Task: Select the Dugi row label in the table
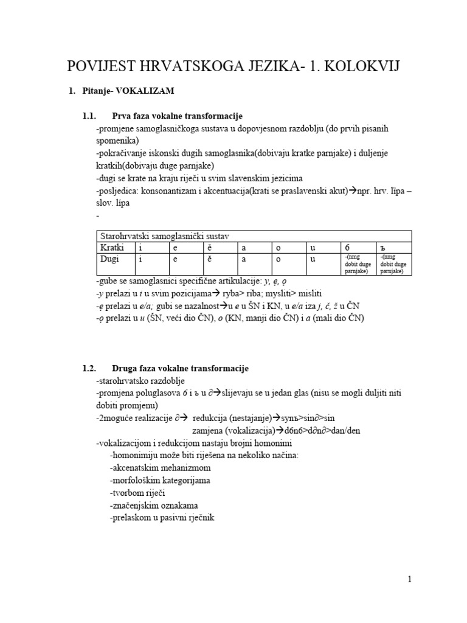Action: point(109,259)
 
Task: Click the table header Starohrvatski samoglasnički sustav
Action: point(164,236)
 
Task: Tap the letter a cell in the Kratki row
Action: point(244,248)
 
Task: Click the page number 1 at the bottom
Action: point(410,579)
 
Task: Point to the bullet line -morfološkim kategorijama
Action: point(160,481)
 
